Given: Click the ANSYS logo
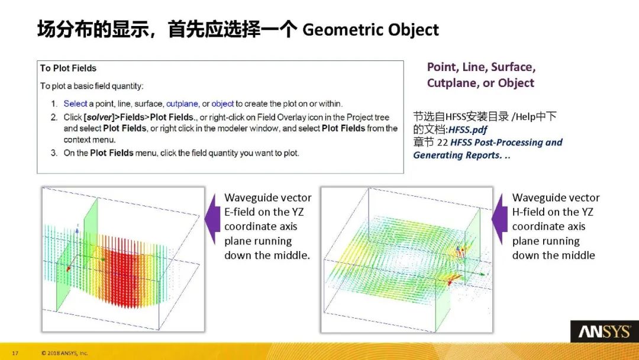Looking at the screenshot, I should (604, 332).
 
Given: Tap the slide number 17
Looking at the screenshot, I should (15, 353).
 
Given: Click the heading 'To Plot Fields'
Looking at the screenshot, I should (68, 68).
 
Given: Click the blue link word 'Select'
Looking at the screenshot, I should (75, 103).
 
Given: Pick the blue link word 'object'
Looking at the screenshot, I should (222, 103).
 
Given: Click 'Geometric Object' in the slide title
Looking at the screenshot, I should (371, 30).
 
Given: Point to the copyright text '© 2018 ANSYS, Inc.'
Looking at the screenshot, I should (64, 353).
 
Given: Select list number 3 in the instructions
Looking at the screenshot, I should (53, 153).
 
